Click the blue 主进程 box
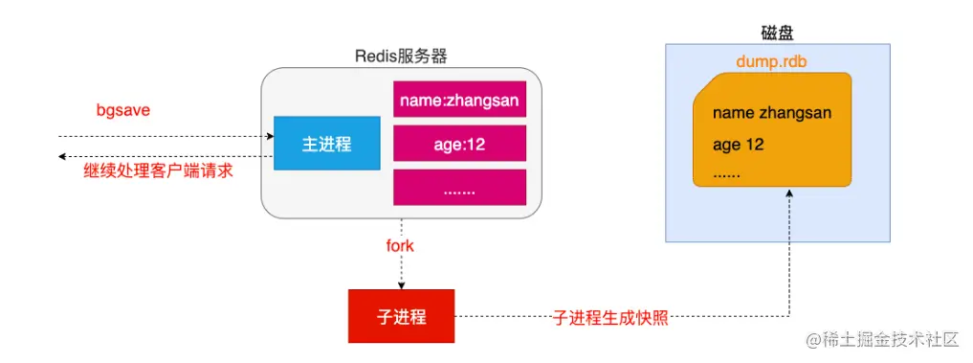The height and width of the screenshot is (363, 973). (x=327, y=143)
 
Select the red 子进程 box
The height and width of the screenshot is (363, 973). (x=401, y=316)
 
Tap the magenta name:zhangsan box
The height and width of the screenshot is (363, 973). (x=460, y=99)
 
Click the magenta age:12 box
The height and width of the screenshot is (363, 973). (x=460, y=144)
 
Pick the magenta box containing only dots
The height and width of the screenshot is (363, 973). (x=460, y=187)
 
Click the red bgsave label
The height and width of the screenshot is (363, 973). (x=123, y=110)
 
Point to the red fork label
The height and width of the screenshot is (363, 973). (x=400, y=245)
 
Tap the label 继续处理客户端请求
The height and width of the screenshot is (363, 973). (x=158, y=171)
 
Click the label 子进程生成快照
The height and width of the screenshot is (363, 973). (x=610, y=318)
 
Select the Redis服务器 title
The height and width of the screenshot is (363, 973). (x=401, y=56)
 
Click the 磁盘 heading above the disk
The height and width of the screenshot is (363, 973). (x=777, y=33)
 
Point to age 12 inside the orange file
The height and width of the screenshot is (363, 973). (x=738, y=145)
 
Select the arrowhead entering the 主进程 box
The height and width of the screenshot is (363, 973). (x=270, y=135)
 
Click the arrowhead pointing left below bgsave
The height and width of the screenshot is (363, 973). (x=62, y=157)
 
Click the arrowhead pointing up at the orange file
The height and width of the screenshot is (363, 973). (x=789, y=194)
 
